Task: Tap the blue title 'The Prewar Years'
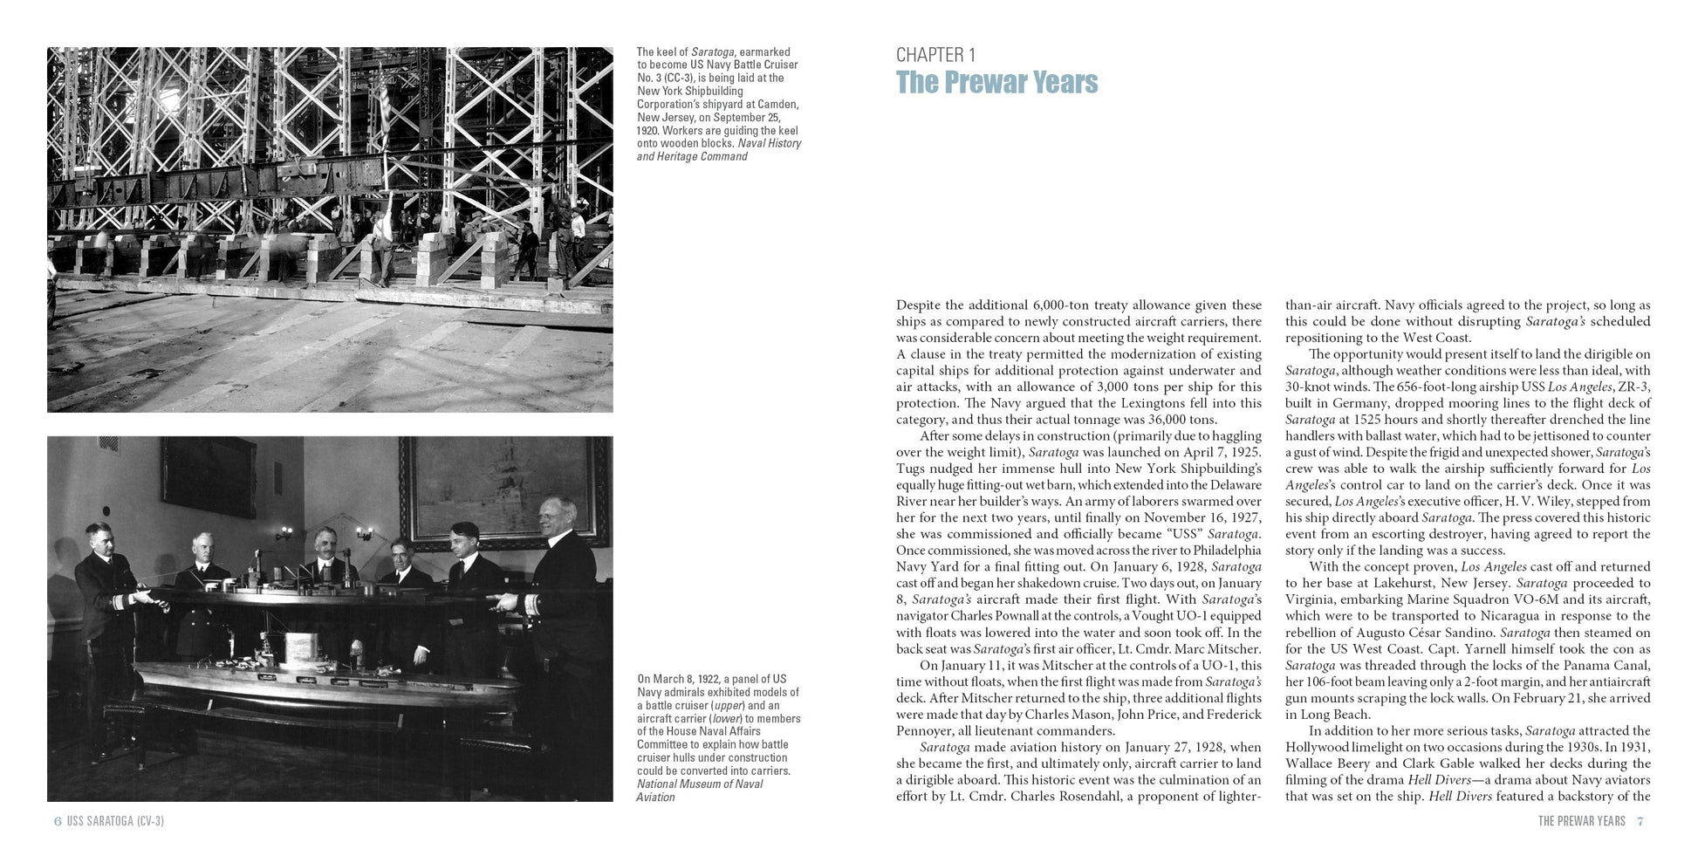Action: coord(996,82)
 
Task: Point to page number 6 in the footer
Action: coord(58,821)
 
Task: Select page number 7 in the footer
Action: coord(1640,821)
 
